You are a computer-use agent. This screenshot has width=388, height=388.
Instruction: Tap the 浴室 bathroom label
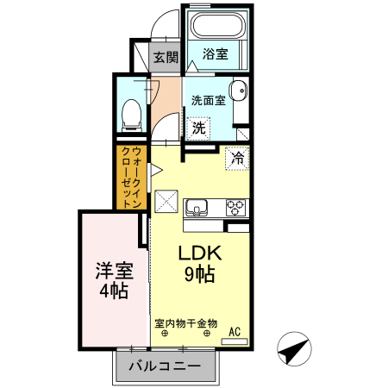coord(215,54)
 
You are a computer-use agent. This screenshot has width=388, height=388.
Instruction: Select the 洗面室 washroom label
coord(208,99)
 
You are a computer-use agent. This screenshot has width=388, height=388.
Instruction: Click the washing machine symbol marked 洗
coord(198,128)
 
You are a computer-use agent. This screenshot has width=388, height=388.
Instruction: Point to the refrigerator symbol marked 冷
coord(237,158)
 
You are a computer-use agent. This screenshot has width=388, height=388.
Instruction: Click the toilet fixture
coord(132,113)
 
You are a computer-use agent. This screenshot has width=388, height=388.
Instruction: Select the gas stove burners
coord(235,207)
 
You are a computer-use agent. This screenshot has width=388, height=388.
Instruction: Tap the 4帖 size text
coord(112,291)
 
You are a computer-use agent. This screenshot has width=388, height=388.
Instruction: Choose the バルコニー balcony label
coord(165,366)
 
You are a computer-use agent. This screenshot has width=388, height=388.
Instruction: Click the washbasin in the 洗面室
coord(240,96)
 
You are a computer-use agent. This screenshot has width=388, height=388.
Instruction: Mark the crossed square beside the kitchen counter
coord(166,203)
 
